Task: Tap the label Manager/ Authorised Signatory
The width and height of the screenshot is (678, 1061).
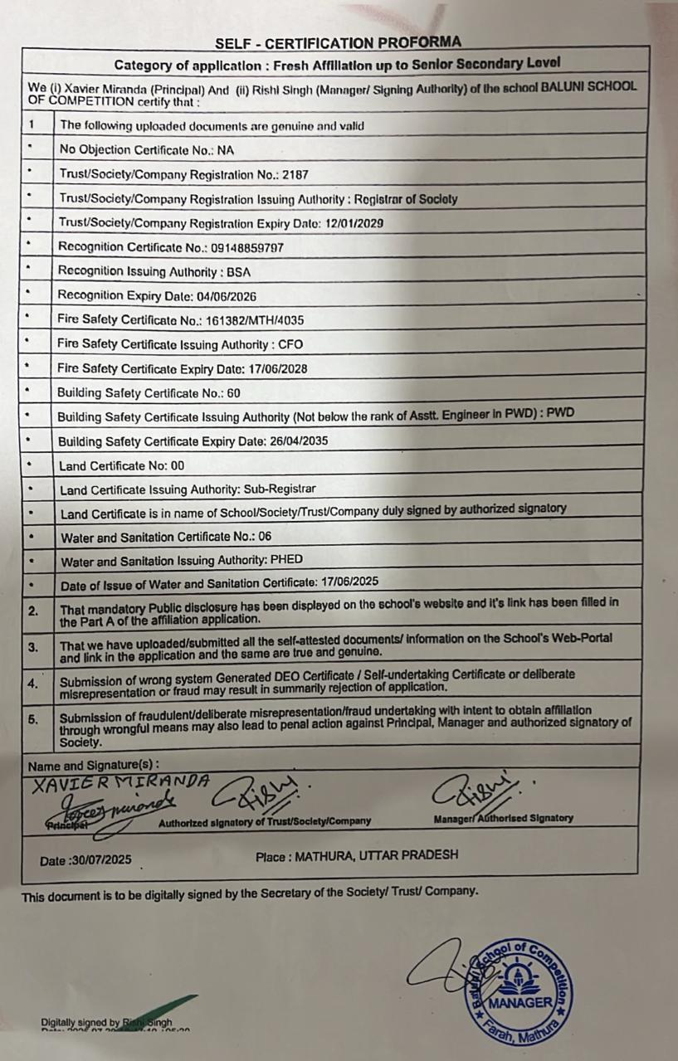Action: point(503,819)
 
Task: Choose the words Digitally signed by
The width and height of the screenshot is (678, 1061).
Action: point(80,1023)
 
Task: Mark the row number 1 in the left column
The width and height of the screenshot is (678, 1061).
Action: point(31,125)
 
